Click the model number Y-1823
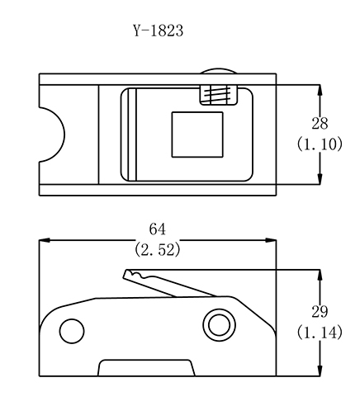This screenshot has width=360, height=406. (x=159, y=31)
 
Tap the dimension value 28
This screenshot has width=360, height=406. (x=320, y=123)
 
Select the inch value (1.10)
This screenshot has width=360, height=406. (x=320, y=144)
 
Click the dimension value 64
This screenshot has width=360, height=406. (x=158, y=229)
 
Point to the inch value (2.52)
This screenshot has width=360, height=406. (x=158, y=250)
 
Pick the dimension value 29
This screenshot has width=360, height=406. (x=320, y=312)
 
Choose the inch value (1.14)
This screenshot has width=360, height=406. (x=320, y=333)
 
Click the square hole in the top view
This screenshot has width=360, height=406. (x=197, y=135)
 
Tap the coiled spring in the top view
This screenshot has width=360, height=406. (x=218, y=95)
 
